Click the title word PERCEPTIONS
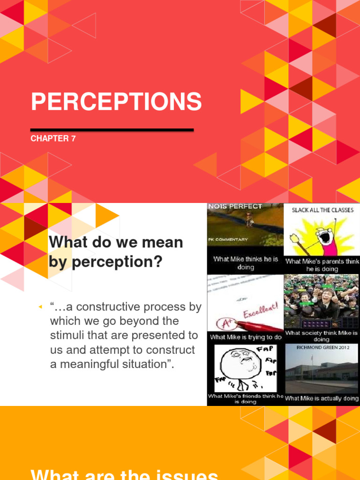click(x=116, y=102)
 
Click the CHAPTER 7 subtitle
click(x=53, y=139)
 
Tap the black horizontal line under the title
click(x=112, y=130)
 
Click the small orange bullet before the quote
click(x=40, y=307)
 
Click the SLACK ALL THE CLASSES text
click(x=322, y=210)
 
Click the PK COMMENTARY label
click(x=228, y=239)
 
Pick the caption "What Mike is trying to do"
click(x=246, y=337)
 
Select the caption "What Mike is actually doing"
click(x=322, y=398)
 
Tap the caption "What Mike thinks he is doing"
click(x=246, y=263)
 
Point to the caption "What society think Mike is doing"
click(x=322, y=336)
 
